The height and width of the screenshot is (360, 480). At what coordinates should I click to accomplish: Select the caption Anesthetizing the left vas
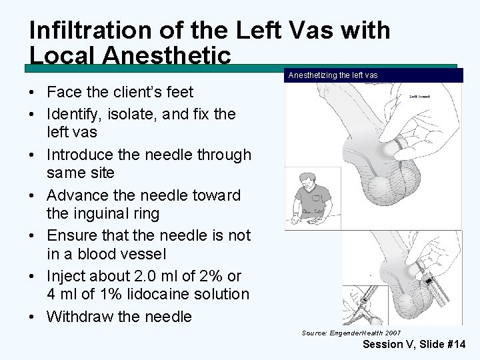point(333,75)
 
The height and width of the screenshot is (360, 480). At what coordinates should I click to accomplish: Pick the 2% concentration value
point(211,275)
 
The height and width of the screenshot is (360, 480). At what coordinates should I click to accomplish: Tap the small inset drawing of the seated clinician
point(312,197)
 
